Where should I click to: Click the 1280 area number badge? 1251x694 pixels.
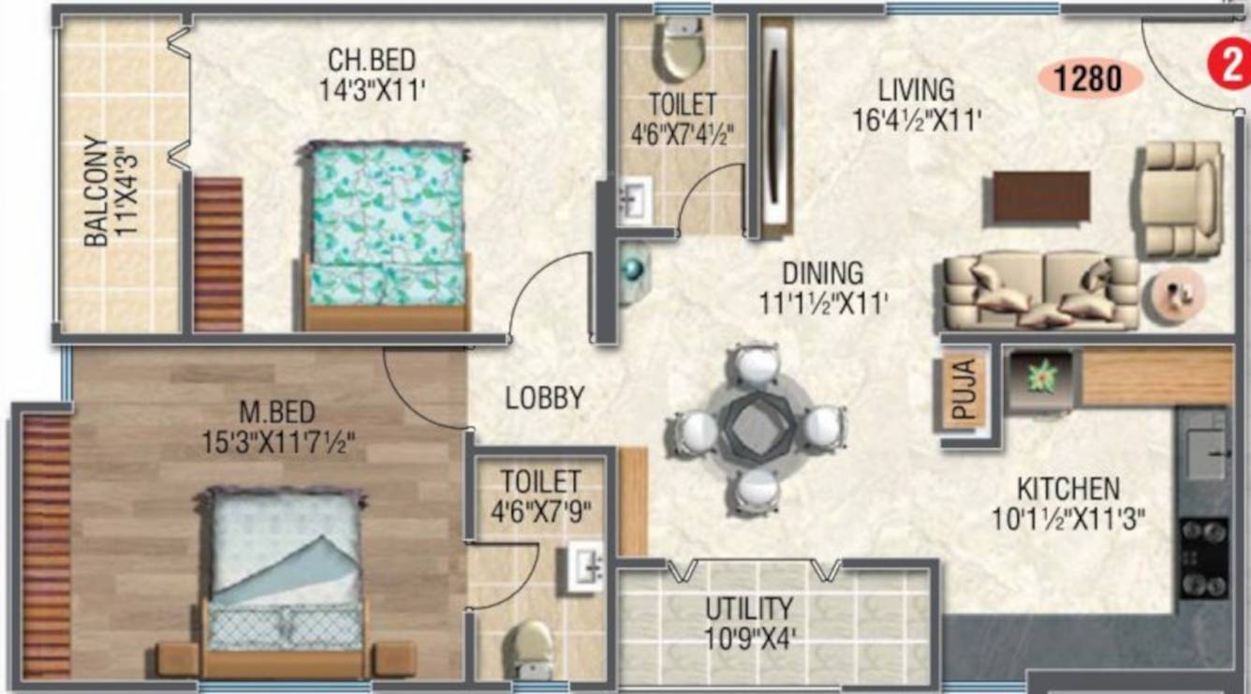1090,79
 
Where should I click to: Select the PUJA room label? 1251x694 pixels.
964,389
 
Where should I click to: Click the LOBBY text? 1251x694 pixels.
545,398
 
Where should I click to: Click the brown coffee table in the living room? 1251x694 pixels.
1041,196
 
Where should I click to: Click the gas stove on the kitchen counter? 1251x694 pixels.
1204,559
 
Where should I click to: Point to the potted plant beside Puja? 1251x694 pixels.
1042,377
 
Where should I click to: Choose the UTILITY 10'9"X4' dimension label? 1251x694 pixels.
748,639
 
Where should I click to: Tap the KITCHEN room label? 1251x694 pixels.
1068,489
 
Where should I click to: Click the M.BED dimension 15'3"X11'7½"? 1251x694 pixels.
278,444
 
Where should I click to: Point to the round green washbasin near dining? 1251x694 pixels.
633,270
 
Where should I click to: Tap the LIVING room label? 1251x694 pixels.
917,91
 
